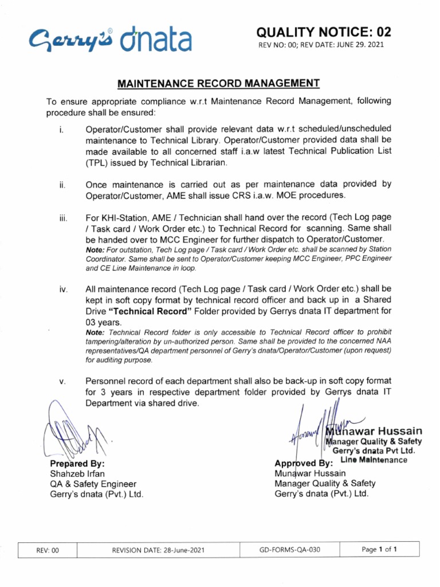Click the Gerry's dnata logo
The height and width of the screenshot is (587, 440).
tap(111, 40)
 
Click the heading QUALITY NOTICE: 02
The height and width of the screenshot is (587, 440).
tap(324, 32)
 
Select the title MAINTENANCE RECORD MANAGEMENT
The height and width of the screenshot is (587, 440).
tap(218, 84)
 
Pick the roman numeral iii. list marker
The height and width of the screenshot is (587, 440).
tap(62, 218)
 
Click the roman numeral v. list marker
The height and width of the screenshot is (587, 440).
tap(62, 381)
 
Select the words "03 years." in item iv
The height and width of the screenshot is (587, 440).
tap(104, 323)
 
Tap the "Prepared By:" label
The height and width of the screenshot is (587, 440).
tap(77, 463)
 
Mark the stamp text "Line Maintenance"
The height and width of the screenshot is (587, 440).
tap(374, 460)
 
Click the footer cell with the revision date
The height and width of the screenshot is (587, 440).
tap(158, 551)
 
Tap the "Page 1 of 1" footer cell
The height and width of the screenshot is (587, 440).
tap(379, 550)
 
